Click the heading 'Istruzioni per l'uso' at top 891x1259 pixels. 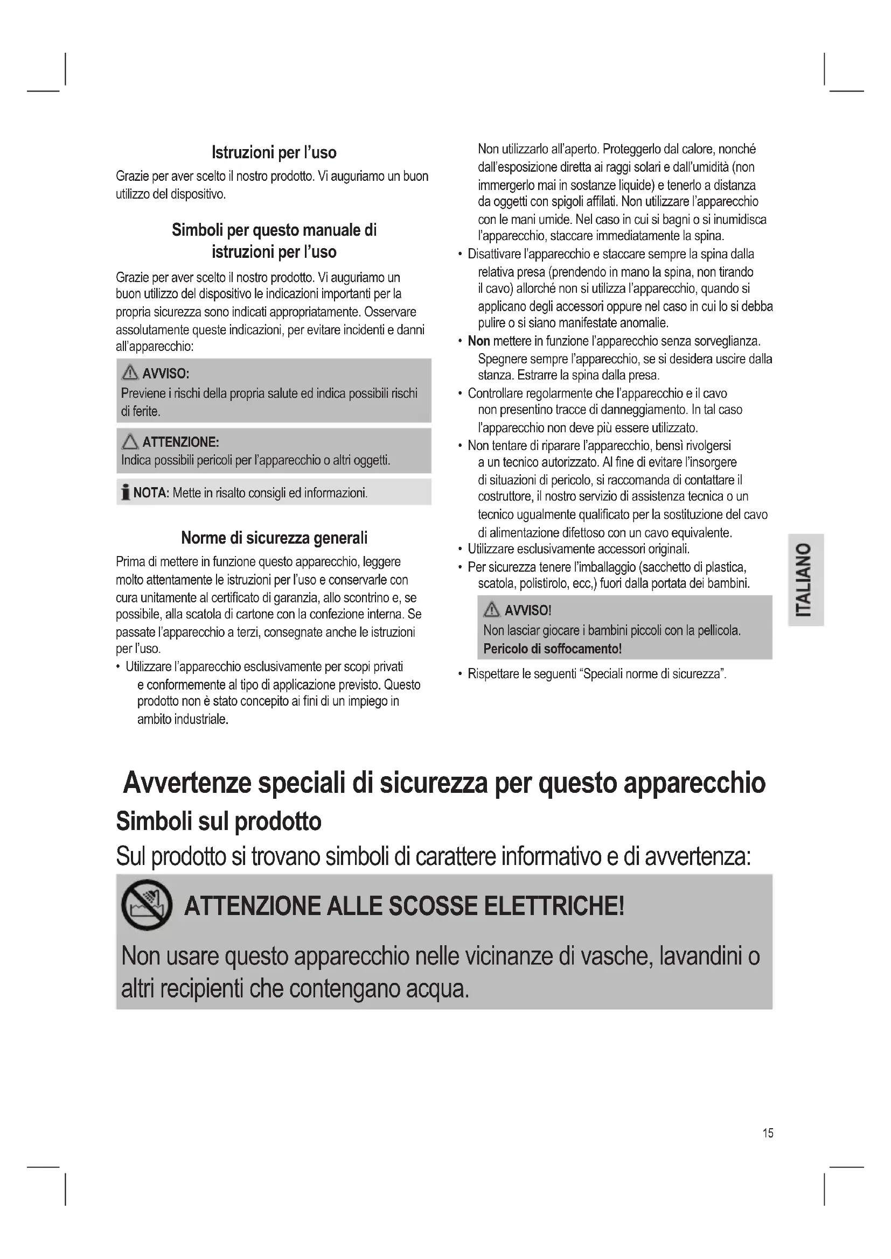tap(274, 152)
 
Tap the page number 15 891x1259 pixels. tap(768, 1133)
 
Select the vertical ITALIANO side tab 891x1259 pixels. tap(805, 580)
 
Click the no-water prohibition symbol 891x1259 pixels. tap(146, 905)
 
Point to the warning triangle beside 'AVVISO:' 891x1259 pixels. tap(130, 374)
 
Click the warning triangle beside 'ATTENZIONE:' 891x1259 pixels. tap(130, 441)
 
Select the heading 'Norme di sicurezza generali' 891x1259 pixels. tap(274, 538)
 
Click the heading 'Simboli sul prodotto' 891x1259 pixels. tap(218, 821)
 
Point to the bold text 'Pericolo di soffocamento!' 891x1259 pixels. tap(552, 649)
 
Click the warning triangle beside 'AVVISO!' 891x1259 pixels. tap(492, 610)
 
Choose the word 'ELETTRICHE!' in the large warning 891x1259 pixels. tap(554, 906)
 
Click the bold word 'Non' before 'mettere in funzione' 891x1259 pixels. tap(478, 341)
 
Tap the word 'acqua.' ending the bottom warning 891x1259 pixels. tap(437, 989)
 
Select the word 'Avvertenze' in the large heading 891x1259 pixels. tap(186, 783)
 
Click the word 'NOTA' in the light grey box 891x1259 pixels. tap(150, 493)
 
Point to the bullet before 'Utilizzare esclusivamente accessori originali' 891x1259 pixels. tap(460, 549)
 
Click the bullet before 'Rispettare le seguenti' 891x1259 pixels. tap(460, 674)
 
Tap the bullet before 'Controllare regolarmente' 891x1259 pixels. tap(460, 393)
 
